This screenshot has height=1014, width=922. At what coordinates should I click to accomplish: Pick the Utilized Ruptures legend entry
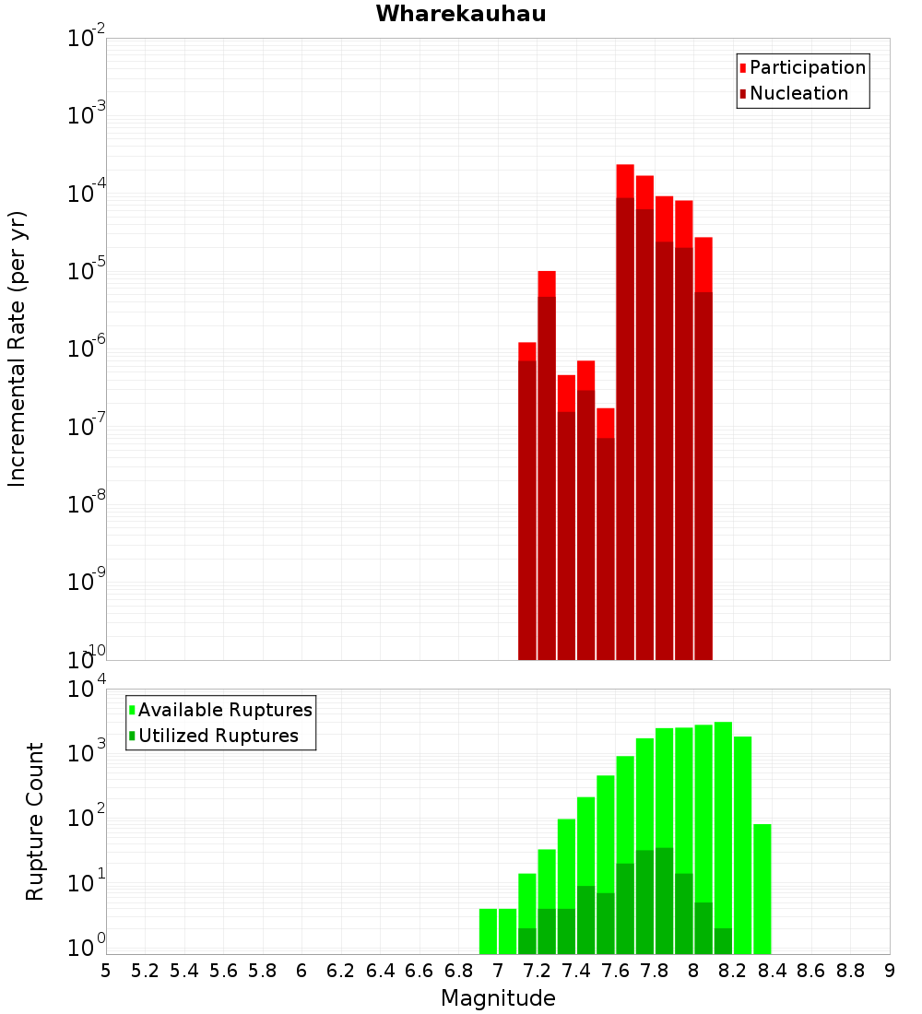pyautogui.click(x=218, y=736)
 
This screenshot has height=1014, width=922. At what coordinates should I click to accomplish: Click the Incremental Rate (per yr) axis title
pyautogui.click(x=17, y=349)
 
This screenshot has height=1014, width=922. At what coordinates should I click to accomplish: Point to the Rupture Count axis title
pyautogui.click(x=35, y=821)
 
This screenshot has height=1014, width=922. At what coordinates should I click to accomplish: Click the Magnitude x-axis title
pyautogui.click(x=498, y=998)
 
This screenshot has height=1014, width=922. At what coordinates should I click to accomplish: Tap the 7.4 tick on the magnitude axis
pyautogui.click(x=576, y=971)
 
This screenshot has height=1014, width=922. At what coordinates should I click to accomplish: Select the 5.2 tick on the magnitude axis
pyautogui.click(x=145, y=971)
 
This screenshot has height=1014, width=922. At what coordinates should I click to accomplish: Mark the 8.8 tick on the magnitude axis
pyautogui.click(x=850, y=971)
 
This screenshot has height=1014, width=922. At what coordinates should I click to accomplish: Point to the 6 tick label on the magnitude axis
pyautogui.click(x=301, y=971)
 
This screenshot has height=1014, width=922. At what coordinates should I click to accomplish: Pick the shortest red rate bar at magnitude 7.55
pyautogui.click(x=606, y=535)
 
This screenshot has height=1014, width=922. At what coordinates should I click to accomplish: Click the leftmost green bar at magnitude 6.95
pyautogui.click(x=488, y=931)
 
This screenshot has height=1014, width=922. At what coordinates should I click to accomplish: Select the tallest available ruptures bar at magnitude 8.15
pyautogui.click(x=723, y=830)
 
